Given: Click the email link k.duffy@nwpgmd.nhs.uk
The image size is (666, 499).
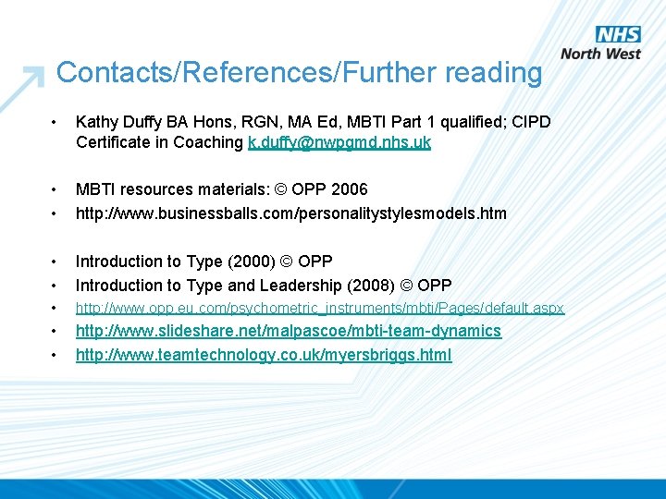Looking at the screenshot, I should [x=339, y=142].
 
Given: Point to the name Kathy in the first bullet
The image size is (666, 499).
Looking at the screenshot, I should [x=97, y=121].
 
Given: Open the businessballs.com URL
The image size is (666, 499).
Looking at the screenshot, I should [x=290, y=213].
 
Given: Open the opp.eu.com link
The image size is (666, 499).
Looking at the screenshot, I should [x=319, y=308].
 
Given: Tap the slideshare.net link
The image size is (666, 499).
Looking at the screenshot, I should [x=288, y=331].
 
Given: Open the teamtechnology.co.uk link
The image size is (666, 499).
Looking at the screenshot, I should [x=264, y=355].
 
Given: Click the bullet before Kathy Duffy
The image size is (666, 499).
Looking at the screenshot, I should [x=56, y=122].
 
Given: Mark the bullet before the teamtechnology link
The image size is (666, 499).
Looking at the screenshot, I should [x=56, y=356].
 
